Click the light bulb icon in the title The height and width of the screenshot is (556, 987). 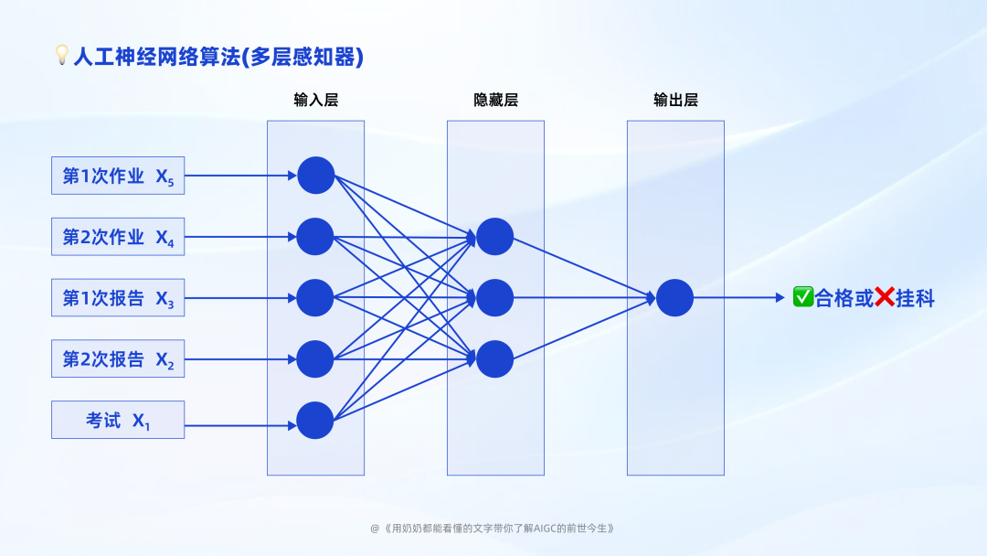(62, 56)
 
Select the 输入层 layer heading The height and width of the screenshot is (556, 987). (315, 100)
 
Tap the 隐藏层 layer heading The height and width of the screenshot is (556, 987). (495, 100)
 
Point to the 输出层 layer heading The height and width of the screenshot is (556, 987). (675, 100)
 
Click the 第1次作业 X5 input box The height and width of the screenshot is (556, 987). (118, 176)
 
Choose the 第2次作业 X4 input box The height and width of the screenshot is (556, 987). (118, 237)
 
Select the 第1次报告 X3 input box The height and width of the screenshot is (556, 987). (118, 297)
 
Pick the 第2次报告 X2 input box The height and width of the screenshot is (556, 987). (118, 358)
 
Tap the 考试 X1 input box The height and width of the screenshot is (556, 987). (118, 420)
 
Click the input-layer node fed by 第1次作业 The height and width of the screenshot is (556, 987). (316, 176)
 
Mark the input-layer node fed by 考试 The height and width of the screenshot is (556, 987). (315, 420)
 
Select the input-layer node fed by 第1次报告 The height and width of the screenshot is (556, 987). (315, 297)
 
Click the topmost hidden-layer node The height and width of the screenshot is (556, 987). (495, 237)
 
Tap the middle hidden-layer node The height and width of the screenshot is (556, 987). (495, 297)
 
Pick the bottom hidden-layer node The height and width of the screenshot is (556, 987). (495, 358)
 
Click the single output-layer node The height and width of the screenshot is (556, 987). (675, 297)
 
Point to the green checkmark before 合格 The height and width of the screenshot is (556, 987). (803, 297)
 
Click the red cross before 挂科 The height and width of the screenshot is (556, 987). (885, 297)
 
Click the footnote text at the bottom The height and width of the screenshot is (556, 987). (493, 528)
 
